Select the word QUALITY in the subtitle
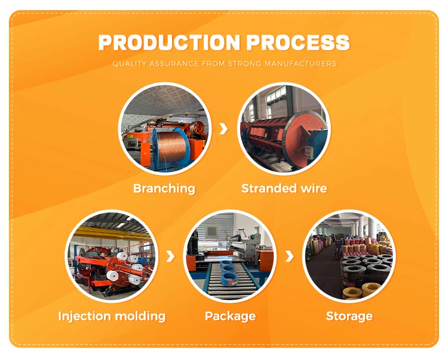pos(129,63)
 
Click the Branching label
pos(164,189)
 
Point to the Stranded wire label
pos(284,189)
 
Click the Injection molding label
pos(111,316)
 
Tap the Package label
pos(230,316)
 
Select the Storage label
pos(349,316)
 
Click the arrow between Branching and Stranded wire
pos(224,128)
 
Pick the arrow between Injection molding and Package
pos(170,256)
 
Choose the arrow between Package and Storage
pos(290,256)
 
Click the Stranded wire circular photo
pos(284,128)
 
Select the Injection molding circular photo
pos(111,256)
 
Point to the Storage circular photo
pos(349,256)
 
